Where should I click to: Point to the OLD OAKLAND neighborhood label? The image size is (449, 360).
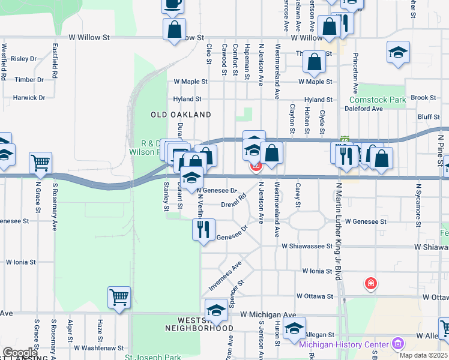181,114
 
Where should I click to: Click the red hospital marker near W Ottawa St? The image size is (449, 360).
371,283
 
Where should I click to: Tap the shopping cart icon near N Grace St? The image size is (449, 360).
40,162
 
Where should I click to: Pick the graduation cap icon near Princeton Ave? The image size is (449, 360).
398,52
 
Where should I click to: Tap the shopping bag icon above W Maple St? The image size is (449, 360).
314,61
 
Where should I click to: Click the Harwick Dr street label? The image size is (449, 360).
29,98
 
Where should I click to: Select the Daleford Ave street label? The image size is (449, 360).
364,109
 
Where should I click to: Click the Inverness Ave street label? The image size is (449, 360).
226,276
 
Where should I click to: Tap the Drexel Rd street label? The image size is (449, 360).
234,201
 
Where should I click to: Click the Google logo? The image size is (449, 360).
19,353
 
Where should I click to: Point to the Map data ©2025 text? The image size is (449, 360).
424,355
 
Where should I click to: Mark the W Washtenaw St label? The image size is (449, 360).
99,347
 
